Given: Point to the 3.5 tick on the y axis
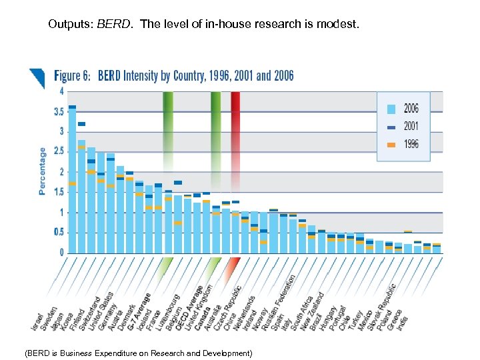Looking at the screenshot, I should (x=59, y=111).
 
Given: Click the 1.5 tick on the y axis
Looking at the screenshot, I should (x=59, y=193).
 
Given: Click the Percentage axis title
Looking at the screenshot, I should (x=43, y=171).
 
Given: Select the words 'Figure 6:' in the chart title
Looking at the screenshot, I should (x=73, y=75).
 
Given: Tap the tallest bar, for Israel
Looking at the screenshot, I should (x=72, y=180).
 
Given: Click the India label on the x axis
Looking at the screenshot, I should (x=402, y=322).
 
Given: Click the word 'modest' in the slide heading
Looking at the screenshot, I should (x=340, y=25).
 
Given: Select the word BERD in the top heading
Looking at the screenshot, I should (x=110, y=25).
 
